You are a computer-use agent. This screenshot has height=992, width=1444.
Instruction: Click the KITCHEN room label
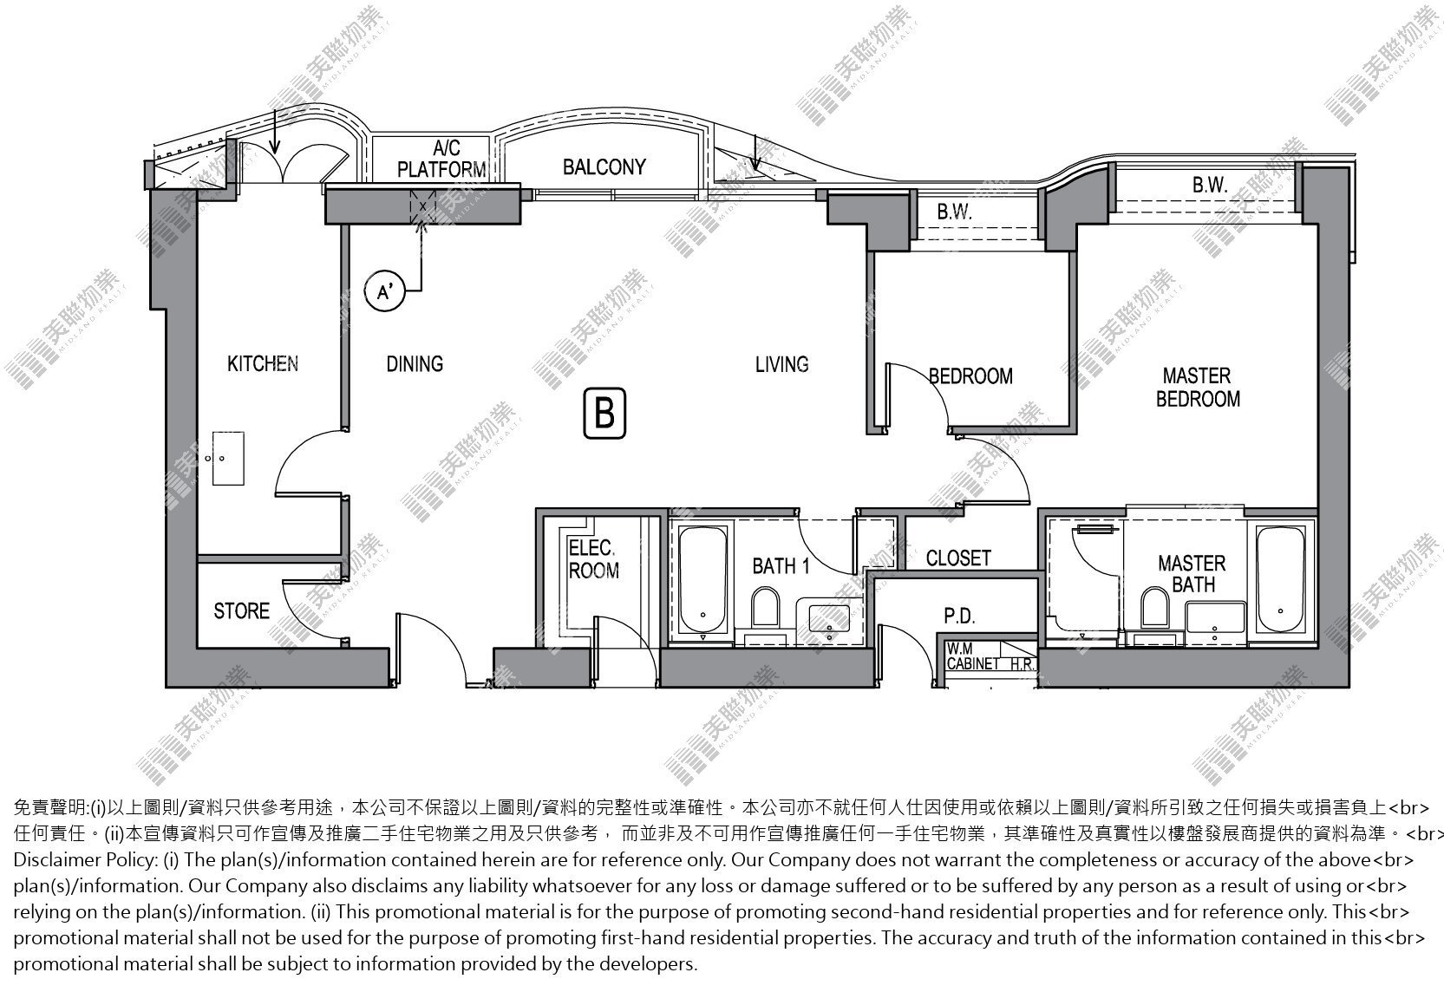pyautogui.click(x=263, y=364)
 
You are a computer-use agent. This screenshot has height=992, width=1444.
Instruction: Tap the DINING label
pyautogui.click(x=415, y=364)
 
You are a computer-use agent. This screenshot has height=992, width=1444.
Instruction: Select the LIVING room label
pyautogui.click(x=782, y=365)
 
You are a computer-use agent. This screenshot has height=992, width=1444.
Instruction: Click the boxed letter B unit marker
pyautogui.click(x=604, y=413)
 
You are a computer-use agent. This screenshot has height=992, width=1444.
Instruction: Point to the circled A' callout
pyautogui.click(x=384, y=292)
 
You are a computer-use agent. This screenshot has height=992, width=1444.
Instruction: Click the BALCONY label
pyautogui.click(x=604, y=167)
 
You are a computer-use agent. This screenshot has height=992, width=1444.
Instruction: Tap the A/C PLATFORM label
pyautogui.click(x=441, y=160)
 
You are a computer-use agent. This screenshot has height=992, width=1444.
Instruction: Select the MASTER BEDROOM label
pyautogui.click(x=1198, y=388)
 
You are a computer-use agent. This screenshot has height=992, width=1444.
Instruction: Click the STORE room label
pyautogui.click(x=242, y=611)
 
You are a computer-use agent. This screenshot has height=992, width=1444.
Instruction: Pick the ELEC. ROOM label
pyautogui.click(x=593, y=559)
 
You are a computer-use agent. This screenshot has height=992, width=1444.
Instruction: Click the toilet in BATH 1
pyautogui.click(x=765, y=606)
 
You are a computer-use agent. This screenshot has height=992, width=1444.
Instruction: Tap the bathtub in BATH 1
pyautogui.click(x=702, y=580)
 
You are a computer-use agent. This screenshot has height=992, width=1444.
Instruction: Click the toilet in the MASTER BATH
pyautogui.click(x=1154, y=606)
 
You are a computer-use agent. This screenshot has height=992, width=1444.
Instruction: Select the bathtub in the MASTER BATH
pyautogui.click(x=1281, y=580)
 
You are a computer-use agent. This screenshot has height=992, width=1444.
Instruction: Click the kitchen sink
pyautogui.click(x=228, y=459)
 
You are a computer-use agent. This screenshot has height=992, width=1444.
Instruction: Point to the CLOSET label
pyautogui.click(x=958, y=558)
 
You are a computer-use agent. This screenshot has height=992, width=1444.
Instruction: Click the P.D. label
pyautogui.click(x=960, y=617)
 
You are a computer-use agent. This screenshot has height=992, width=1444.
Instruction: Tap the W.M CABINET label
pyautogui.click(x=973, y=656)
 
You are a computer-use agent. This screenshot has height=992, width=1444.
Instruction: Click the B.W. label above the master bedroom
pyautogui.click(x=1210, y=186)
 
